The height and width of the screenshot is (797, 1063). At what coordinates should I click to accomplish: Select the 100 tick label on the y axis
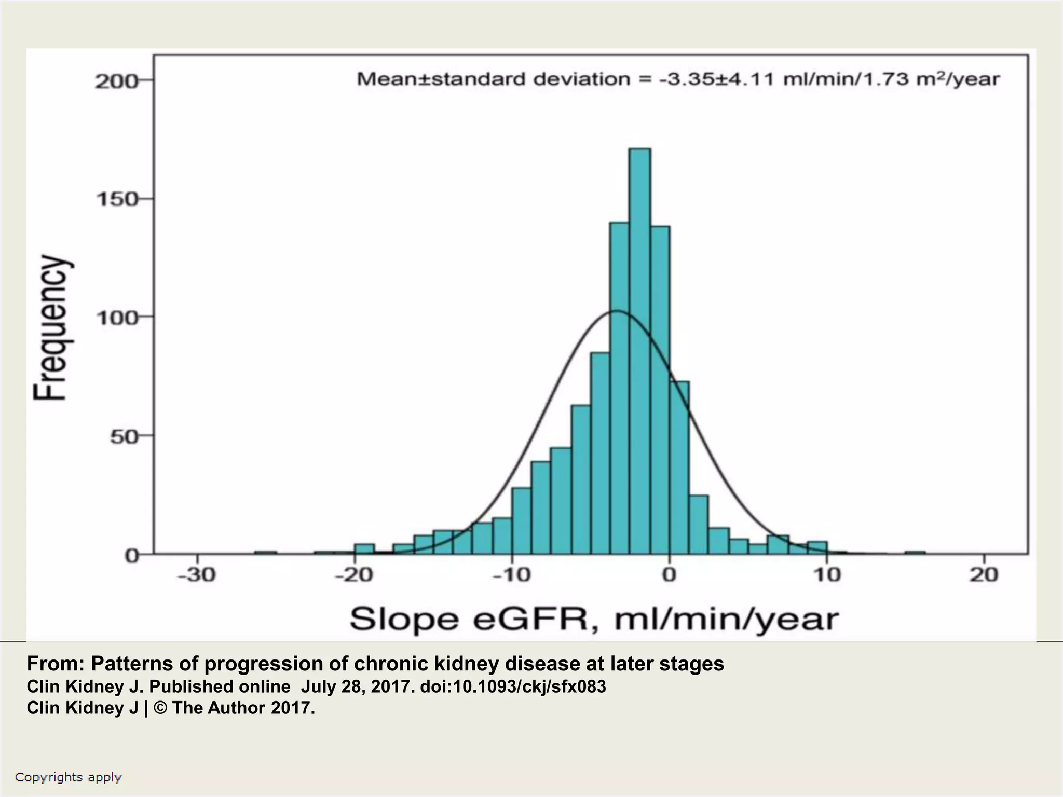tap(117, 318)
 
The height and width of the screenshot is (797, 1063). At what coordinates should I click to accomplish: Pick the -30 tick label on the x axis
tap(197, 575)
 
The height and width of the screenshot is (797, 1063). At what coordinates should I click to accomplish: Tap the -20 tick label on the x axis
tap(354, 575)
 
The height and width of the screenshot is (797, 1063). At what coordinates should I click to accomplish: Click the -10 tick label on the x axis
tap(512, 575)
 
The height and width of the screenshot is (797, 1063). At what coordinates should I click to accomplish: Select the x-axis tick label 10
tap(826, 575)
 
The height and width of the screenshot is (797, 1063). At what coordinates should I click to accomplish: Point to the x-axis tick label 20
tap(984, 575)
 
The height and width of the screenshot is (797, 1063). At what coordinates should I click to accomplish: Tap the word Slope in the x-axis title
tap(404, 619)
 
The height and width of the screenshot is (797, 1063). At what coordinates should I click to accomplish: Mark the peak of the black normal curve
tap(616, 311)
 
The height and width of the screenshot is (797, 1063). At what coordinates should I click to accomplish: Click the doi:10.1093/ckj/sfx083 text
tap(513, 686)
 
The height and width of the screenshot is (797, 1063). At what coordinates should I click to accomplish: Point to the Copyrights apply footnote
tap(68, 777)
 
